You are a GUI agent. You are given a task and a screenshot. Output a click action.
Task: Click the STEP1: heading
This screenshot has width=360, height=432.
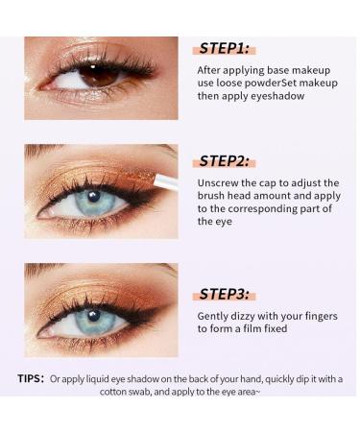point(227,48)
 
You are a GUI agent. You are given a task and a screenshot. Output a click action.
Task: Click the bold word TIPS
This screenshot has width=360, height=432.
point(30,378)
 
